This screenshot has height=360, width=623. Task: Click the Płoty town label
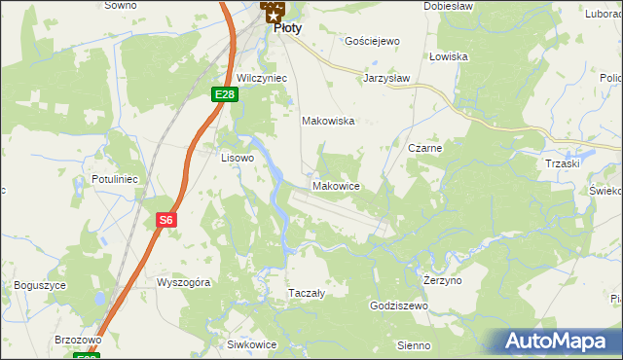[287, 28]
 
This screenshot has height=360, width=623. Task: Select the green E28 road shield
[225, 93]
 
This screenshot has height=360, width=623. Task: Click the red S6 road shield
[166, 220]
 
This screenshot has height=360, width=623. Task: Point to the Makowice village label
[337, 186]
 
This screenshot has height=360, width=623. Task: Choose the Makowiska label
[328, 122]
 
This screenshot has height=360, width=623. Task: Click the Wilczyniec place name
[260, 78]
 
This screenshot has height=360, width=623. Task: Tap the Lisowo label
[238, 157]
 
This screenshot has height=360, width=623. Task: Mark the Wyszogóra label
[184, 281]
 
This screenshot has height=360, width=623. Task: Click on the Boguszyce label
[40, 285]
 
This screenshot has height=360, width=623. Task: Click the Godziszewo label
[399, 306]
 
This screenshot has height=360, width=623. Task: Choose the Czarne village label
[426, 148]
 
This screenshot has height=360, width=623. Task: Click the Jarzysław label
[387, 77]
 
